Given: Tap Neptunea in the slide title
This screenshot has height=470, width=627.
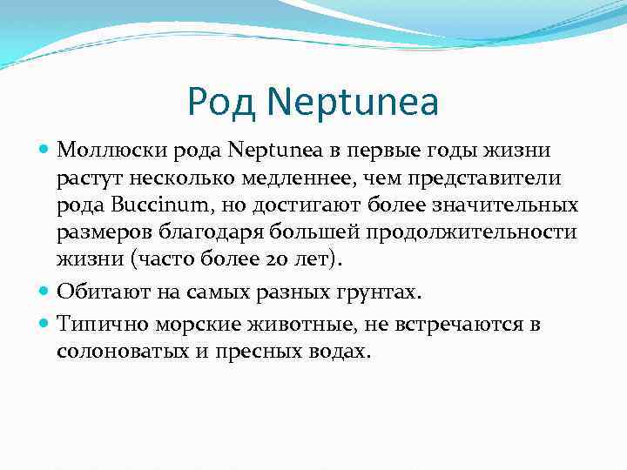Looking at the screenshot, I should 353,102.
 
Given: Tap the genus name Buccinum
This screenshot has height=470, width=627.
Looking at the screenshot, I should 146,206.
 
